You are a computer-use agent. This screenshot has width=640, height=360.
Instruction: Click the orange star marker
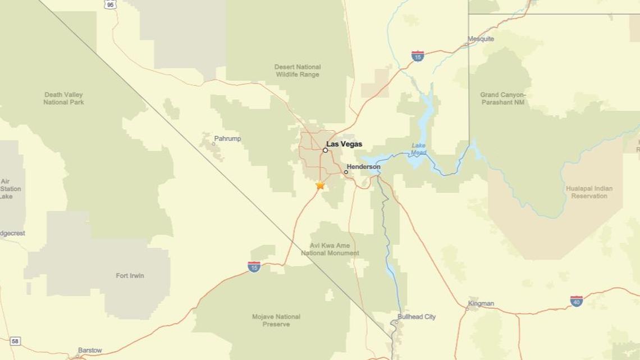pos(320,185)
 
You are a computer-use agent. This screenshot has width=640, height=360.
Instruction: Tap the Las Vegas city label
pos(344,144)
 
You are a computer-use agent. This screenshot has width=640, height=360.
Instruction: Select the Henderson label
pos(363,167)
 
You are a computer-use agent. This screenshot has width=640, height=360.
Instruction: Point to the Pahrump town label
pos(227,139)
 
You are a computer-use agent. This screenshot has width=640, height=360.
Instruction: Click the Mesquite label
pos(481,39)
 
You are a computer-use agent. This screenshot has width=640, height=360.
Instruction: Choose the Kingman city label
pos(481,303)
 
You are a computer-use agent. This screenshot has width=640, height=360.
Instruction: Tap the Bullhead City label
pos(417,317)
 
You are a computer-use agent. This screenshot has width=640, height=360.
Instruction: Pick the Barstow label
pos(90,350)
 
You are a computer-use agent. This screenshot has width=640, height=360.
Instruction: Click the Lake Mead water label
pos(418,149)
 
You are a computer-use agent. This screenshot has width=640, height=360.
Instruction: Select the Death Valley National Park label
pos(63,98)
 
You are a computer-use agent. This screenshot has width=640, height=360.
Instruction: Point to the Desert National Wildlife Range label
pos(298,71)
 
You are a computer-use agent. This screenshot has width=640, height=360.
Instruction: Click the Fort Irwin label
pos(130,276)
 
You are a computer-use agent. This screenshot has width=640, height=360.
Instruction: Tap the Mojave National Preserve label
pos(276,321)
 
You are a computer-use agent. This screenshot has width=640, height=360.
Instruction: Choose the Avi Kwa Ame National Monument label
pos(330,249)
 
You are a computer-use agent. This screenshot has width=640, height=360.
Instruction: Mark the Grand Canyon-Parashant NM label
pos(503,99)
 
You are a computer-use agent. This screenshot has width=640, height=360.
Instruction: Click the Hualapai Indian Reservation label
pos(589,192)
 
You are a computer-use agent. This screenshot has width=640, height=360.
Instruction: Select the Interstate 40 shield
pos(576,301)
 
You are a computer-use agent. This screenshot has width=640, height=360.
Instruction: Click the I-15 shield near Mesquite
pos(417,56)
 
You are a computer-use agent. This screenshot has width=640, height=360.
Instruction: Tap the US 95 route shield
pos(110,4)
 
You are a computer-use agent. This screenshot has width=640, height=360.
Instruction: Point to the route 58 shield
pos(15,341)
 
